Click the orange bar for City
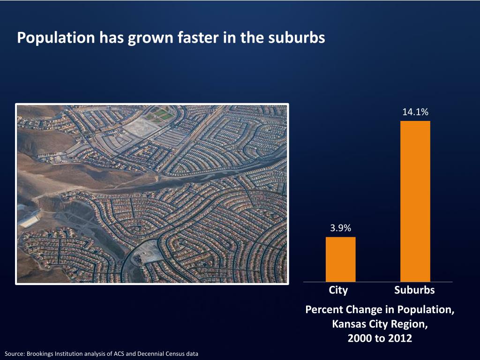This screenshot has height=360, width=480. coord(340,259)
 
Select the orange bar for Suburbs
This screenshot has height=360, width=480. coord(415,201)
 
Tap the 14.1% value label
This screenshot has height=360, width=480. coord(415,112)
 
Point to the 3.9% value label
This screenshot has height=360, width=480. coord(340,228)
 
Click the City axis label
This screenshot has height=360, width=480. coord(338,290)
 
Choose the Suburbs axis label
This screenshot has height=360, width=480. coord(414,290)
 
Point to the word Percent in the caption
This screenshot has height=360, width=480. coord(324,310)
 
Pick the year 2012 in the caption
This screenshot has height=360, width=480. coord(399,338)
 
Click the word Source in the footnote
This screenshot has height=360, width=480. coord(14,354)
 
